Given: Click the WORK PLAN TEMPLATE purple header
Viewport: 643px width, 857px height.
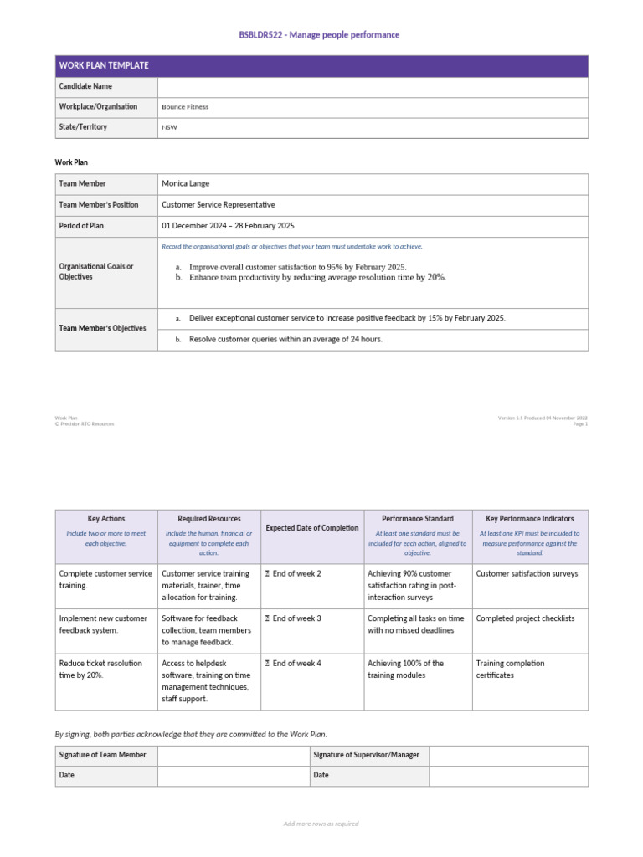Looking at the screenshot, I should pos(104,65).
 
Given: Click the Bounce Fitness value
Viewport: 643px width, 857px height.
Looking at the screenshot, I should pos(185,107).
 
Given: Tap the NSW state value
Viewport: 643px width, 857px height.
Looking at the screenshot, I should pos(170,128).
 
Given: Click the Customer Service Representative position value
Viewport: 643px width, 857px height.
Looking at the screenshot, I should pos(218,204).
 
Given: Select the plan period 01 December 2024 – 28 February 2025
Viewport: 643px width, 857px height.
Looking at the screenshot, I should pos(228,226).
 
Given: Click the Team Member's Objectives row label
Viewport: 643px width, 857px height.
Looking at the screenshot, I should pos(102,328).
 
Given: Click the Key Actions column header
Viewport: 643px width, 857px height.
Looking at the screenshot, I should pos(106,519).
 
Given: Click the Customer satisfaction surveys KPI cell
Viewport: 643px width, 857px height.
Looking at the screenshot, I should pos(527,573).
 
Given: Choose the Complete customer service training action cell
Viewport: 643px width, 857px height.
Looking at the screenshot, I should pos(105,579).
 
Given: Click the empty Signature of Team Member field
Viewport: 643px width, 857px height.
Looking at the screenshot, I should pos(233,755).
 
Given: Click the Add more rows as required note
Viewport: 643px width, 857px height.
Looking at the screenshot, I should pos(321,824).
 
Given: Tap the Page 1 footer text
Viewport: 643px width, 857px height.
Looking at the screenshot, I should pos(579,424).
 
